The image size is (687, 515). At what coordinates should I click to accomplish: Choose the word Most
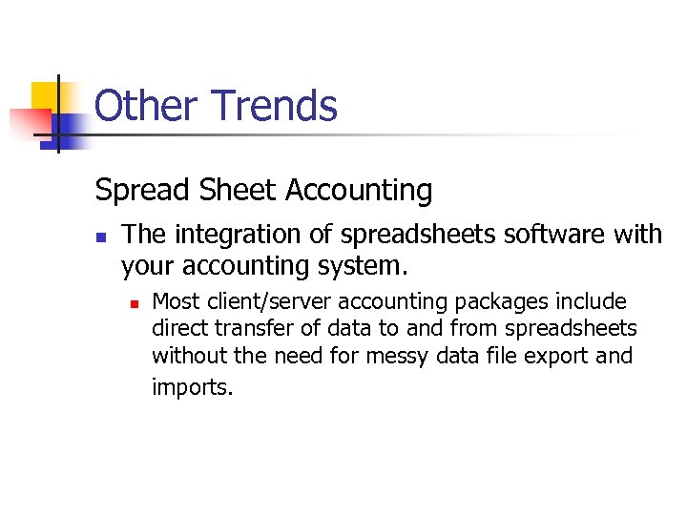176,302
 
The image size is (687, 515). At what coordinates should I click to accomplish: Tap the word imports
192,387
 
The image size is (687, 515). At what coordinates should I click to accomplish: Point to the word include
593,302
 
